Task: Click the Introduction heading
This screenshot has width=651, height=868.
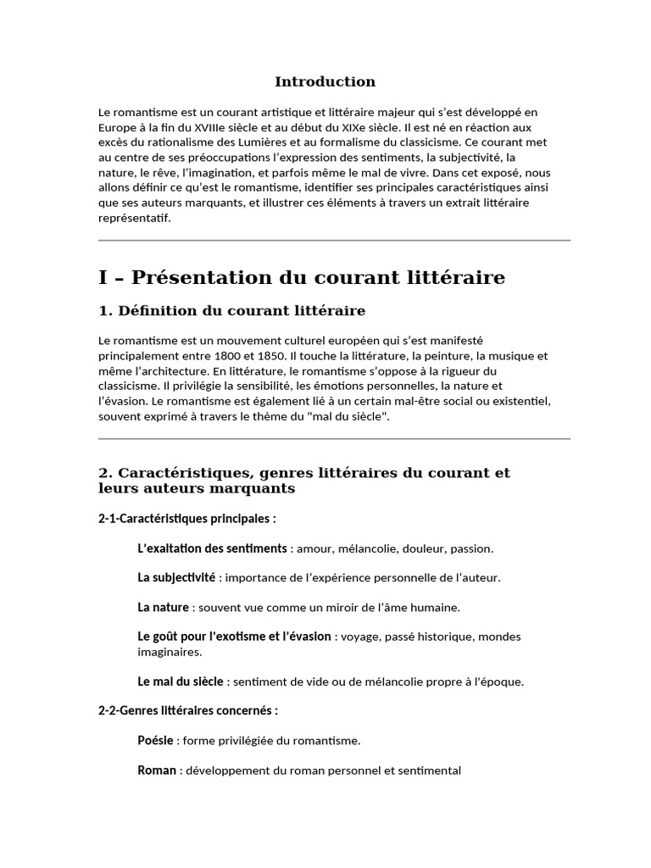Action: pos(325,82)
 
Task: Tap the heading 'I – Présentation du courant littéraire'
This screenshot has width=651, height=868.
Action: pos(302,277)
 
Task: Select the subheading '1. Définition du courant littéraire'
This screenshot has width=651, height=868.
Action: pos(232,311)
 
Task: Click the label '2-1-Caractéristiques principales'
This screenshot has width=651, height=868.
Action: pos(186,518)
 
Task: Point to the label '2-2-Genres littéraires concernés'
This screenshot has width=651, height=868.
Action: pos(188,710)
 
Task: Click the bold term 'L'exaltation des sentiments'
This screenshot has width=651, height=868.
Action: pos(212,548)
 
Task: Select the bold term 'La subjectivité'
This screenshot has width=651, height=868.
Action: pos(176,578)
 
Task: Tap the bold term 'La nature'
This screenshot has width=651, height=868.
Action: pos(163,607)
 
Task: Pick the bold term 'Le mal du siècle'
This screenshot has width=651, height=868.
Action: pos(181,681)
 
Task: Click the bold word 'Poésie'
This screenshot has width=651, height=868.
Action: pos(156,741)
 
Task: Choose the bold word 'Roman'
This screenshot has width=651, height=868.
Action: pos(157,771)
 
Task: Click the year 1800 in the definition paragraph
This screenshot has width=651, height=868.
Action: pos(236,355)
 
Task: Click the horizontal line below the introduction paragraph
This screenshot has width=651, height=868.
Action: pos(334,241)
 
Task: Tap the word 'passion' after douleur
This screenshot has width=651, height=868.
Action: pos(472,548)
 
